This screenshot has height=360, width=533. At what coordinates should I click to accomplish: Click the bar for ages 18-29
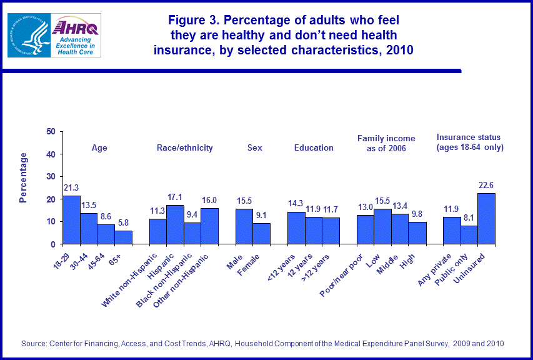pos(71,220)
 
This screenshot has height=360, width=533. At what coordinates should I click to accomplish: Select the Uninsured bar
pos(486,219)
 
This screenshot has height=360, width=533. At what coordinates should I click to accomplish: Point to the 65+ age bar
pos(122,237)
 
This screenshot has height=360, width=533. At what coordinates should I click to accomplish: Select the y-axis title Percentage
pos(24,177)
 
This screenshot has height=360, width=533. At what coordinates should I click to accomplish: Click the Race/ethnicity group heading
pos(184,148)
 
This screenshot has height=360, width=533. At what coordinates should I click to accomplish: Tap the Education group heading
pos(314,148)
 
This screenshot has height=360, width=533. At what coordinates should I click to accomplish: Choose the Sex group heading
pos(255,148)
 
